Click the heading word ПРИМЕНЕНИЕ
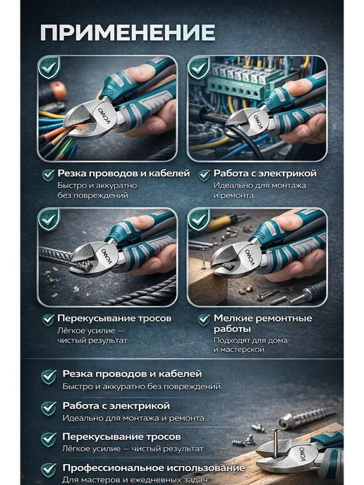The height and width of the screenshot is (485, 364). tap(128, 32)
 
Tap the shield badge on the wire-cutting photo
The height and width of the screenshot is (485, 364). tap(49, 68)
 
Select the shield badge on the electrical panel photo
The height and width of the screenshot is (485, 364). tap(199, 68)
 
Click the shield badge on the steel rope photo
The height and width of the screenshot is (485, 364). tap(49, 220)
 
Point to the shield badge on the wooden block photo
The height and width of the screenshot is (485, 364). tap(199, 220)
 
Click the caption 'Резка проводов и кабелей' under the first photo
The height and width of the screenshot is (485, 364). tap(123, 173)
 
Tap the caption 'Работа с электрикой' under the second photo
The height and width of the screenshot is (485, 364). tap(265, 173)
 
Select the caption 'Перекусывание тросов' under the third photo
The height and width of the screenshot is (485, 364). tap(114, 319)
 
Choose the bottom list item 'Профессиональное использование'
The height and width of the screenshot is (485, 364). tap(154, 468)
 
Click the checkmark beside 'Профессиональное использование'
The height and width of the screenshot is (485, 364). tap(49, 470)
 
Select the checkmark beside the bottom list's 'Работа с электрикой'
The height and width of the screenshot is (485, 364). tap(49, 408)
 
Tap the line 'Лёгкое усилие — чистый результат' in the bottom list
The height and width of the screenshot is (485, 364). tap(133, 448)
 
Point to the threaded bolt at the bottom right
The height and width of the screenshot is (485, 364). tap(306, 417)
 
